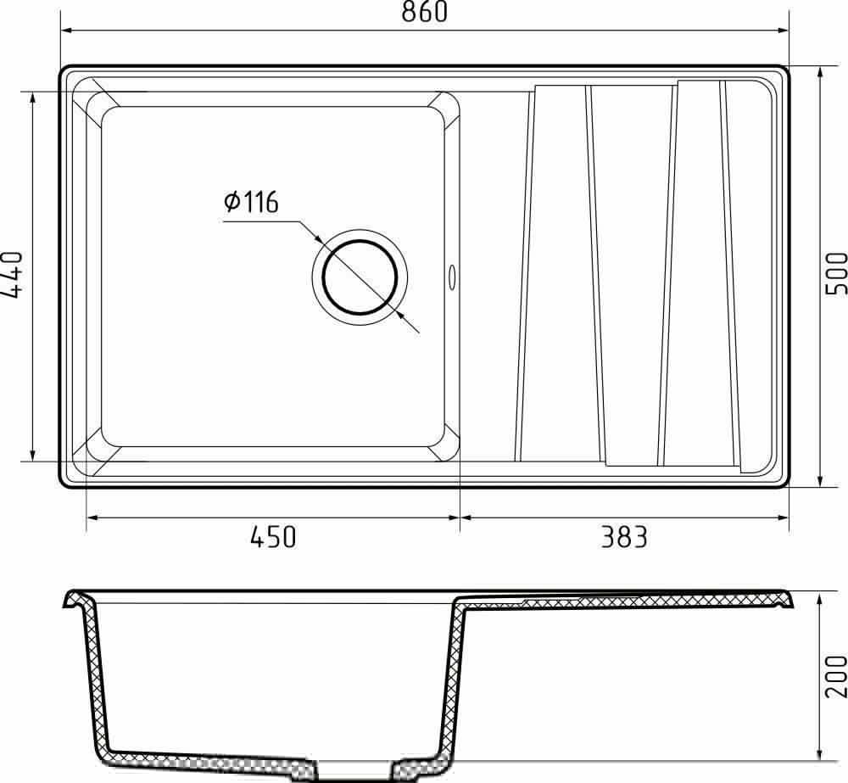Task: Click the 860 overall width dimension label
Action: coord(425,12)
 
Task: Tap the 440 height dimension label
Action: coord(12,274)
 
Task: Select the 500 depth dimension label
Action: coord(836,273)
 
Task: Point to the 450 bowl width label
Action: coord(273,537)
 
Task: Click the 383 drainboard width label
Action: coord(624,537)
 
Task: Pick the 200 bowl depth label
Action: coord(836,676)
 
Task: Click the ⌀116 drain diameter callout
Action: coord(252,202)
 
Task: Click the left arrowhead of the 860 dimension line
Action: coord(67,31)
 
